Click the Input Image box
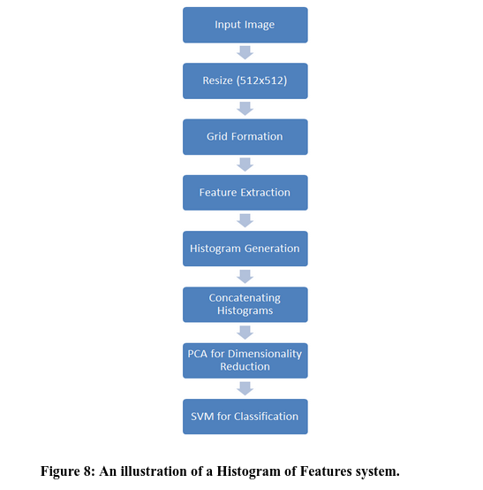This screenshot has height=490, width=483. tap(245, 25)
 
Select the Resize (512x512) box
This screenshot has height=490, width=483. tap(245, 80)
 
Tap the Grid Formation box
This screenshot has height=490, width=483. tap(245, 136)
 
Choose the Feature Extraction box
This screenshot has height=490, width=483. tap(245, 192)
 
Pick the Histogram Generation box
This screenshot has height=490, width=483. tap(245, 249)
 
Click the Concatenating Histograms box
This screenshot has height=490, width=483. tap(245, 304)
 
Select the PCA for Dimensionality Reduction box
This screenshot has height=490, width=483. tap(245, 360)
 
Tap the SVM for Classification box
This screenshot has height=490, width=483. tap(245, 416)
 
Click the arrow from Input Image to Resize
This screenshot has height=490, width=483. tap(245, 52)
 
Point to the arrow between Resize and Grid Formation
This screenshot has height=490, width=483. tap(245, 108)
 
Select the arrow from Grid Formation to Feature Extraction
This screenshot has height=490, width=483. tap(245, 165)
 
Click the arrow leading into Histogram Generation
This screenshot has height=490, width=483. tap(245, 220)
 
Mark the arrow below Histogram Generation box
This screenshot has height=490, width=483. tap(245, 276)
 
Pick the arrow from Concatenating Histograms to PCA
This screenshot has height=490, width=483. tap(245, 333)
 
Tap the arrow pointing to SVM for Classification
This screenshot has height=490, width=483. tap(245, 388)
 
